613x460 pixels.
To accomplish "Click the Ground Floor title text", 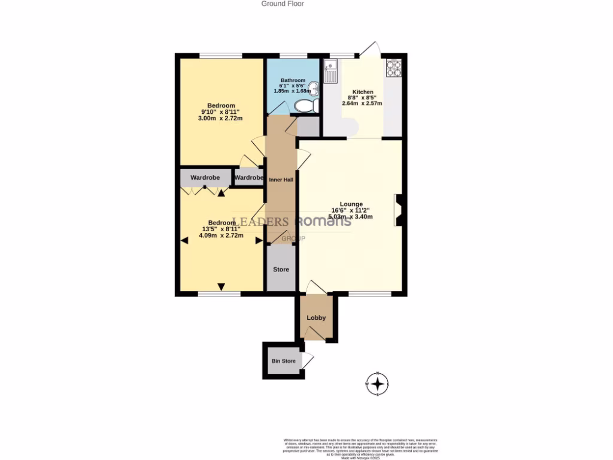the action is click(x=283, y=4).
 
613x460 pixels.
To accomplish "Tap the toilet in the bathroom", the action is click(x=304, y=107).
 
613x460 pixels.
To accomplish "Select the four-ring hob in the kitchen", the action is click(x=393, y=68).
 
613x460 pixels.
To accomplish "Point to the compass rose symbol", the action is click(x=377, y=383).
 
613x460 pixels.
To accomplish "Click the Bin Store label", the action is click(x=283, y=361).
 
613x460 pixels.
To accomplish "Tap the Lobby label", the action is click(x=316, y=317).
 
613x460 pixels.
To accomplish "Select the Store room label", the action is click(x=281, y=270).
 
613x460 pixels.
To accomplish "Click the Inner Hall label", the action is click(x=281, y=180).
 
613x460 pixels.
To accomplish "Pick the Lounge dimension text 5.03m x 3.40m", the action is click(x=351, y=216).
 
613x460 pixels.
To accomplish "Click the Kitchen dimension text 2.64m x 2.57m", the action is click(x=362, y=104).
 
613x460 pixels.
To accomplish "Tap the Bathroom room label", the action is click(x=293, y=80).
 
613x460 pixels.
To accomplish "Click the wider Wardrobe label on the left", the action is click(x=205, y=178).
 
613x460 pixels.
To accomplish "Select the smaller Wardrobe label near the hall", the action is click(x=249, y=178).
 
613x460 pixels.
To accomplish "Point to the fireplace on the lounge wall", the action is click(x=397, y=211).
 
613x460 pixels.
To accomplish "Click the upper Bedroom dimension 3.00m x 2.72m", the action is click(x=220, y=119).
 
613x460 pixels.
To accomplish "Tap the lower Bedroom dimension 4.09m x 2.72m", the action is click(x=221, y=235).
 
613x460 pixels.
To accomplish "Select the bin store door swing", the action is click(x=308, y=360).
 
